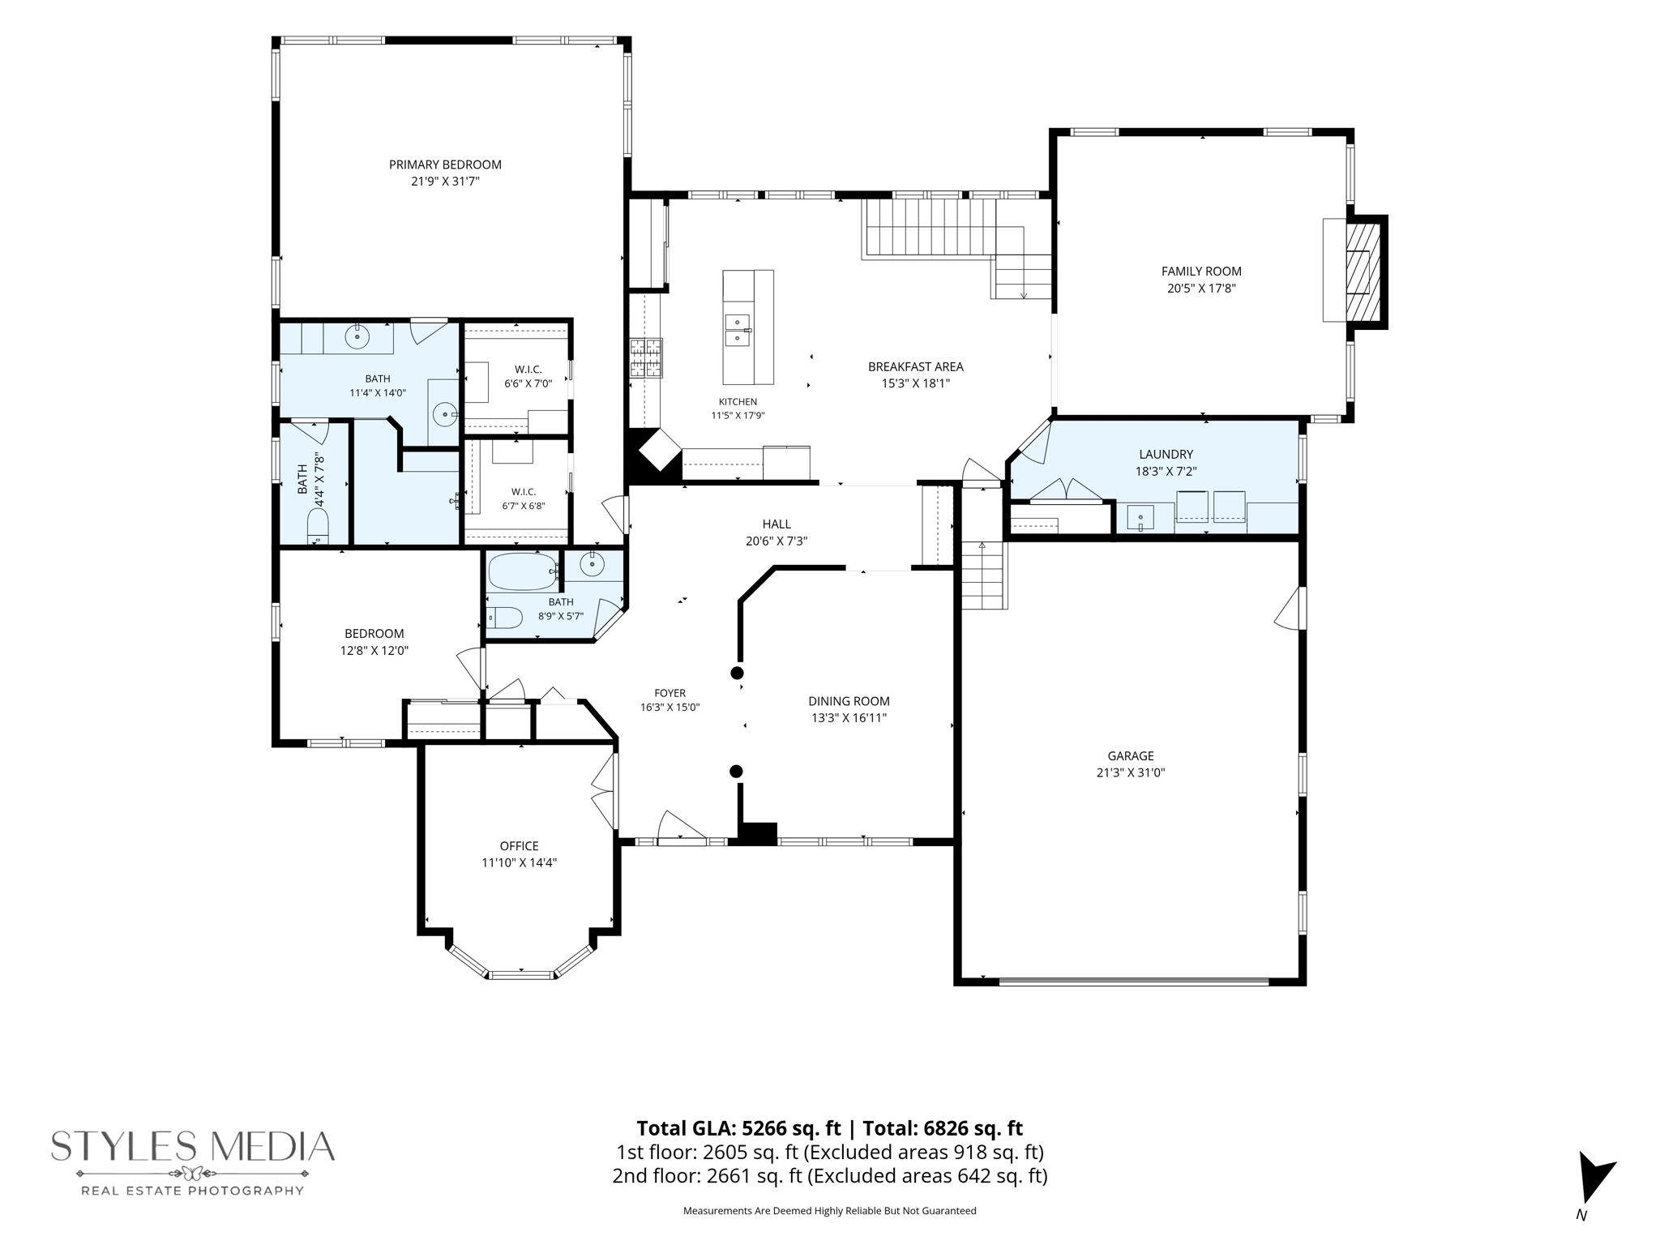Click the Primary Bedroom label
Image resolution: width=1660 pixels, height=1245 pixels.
(x=445, y=165)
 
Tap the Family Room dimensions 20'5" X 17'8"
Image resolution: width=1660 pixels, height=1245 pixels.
(x=1201, y=289)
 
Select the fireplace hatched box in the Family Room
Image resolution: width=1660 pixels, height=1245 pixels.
(x=1363, y=272)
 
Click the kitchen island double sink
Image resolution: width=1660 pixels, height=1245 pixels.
(x=737, y=330)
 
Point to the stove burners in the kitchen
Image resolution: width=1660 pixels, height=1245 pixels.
(x=646, y=358)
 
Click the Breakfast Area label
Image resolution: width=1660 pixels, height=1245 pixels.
(x=916, y=367)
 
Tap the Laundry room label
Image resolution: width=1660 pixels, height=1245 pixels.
(x=1166, y=455)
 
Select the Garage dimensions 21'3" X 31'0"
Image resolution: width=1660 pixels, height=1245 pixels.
(x=1131, y=773)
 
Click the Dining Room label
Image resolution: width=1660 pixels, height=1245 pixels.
(x=849, y=701)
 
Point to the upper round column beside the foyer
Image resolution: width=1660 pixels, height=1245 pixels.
(x=737, y=673)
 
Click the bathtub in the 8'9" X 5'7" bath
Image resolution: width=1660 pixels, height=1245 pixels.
(x=523, y=571)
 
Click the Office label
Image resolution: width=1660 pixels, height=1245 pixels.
(x=519, y=846)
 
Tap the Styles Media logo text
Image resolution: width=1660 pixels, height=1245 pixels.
(x=193, y=1146)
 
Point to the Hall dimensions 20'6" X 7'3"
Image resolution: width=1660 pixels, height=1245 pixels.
(x=777, y=541)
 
